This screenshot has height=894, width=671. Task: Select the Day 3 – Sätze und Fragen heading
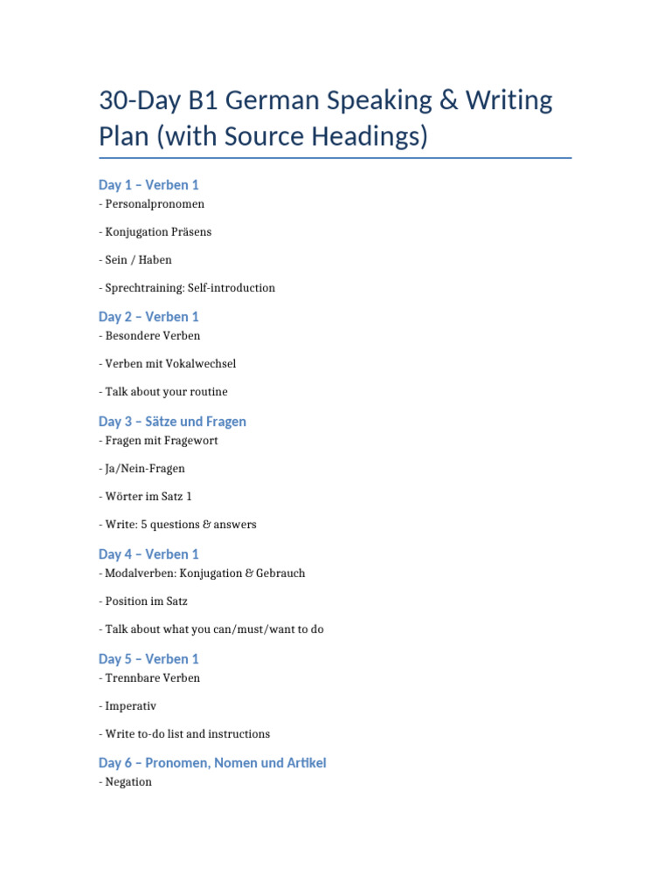tap(172, 422)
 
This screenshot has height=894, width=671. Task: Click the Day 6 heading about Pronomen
tap(212, 763)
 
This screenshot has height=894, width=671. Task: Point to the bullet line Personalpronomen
tap(154, 204)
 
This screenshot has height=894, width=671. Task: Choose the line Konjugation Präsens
tap(157, 232)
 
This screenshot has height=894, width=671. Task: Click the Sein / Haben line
tap(138, 260)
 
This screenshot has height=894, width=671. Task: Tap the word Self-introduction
tap(232, 288)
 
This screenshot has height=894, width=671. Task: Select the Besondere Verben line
tap(152, 336)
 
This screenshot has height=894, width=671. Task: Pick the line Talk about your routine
tap(166, 392)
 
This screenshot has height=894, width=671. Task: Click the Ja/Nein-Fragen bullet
tap(144, 469)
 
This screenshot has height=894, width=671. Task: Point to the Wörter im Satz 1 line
tap(148, 497)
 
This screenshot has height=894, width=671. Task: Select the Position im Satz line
tap(146, 602)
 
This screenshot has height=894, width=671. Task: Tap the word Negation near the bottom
tap(128, 782)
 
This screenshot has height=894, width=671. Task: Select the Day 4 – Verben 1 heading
tap(149, 554)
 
